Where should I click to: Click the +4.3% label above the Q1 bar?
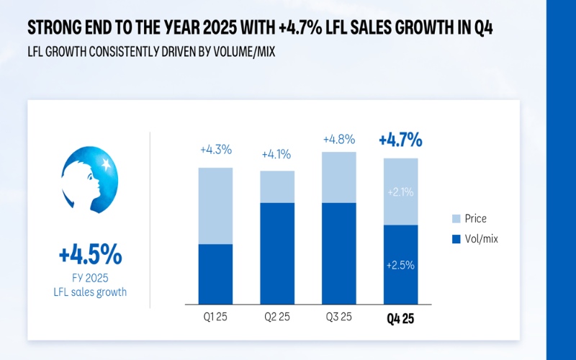[215, 150]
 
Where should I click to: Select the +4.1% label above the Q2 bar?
[276, 154]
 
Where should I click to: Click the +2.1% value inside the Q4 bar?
[400, 192]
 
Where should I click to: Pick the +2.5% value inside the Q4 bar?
[400, 265]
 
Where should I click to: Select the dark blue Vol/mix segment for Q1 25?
[215, 274]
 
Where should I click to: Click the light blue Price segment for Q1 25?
[215, 206]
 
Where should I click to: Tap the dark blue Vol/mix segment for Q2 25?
[277, 253]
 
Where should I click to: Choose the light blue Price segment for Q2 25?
[277, 186]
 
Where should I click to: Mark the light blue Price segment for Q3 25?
[338, 177]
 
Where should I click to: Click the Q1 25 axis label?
[215, 318]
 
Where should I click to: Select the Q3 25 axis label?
[338, 318]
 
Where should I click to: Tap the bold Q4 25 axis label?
[400, 318]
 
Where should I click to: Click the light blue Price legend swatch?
[456, 218]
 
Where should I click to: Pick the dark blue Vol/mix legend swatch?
[456, 238]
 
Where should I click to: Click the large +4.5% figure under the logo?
[91, 255]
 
